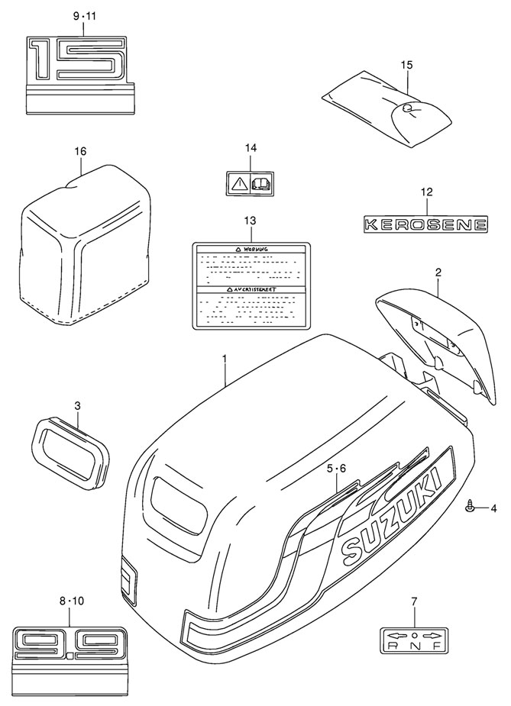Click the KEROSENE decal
[x=425, y=224]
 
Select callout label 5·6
[x=337, y=468]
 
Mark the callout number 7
[x=414, y=602]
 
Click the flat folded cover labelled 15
[x=386, y=112]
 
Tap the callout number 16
[x=80, y=151]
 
